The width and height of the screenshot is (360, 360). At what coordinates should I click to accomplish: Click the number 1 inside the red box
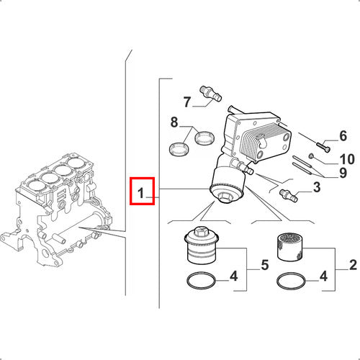point(141,193)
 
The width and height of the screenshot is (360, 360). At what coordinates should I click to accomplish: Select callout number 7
point(187,102)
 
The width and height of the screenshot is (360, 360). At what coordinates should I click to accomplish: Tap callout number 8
point(174,122)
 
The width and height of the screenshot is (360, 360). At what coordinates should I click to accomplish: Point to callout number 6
point(343,136)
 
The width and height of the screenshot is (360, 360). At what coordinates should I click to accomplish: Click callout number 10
point(347,159)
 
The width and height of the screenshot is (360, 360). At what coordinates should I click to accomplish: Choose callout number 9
point(343,173)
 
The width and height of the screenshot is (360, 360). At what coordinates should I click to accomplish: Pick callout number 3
point(317,187)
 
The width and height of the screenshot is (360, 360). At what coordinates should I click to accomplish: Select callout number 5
point(265,265)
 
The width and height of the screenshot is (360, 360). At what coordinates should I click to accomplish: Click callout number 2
point(353,265)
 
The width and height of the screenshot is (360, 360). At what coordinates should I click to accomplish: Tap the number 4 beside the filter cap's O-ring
point(233,276)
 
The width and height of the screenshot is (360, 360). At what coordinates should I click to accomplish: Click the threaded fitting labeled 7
point(211,94)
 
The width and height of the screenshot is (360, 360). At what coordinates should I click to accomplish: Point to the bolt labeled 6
point(323,146)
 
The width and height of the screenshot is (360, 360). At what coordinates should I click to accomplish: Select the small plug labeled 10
point(311,156)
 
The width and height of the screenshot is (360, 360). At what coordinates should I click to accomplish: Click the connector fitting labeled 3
point(289,195)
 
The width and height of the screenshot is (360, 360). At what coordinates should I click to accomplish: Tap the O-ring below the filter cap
point(201,280)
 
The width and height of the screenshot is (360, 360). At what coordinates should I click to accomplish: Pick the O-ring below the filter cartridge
point(291,281)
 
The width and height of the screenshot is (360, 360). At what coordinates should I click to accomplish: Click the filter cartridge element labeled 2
point(290,247)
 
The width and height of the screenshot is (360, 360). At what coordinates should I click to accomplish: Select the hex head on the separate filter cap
point(200,230)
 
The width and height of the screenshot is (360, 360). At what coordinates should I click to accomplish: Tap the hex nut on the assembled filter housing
point(225,198)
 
